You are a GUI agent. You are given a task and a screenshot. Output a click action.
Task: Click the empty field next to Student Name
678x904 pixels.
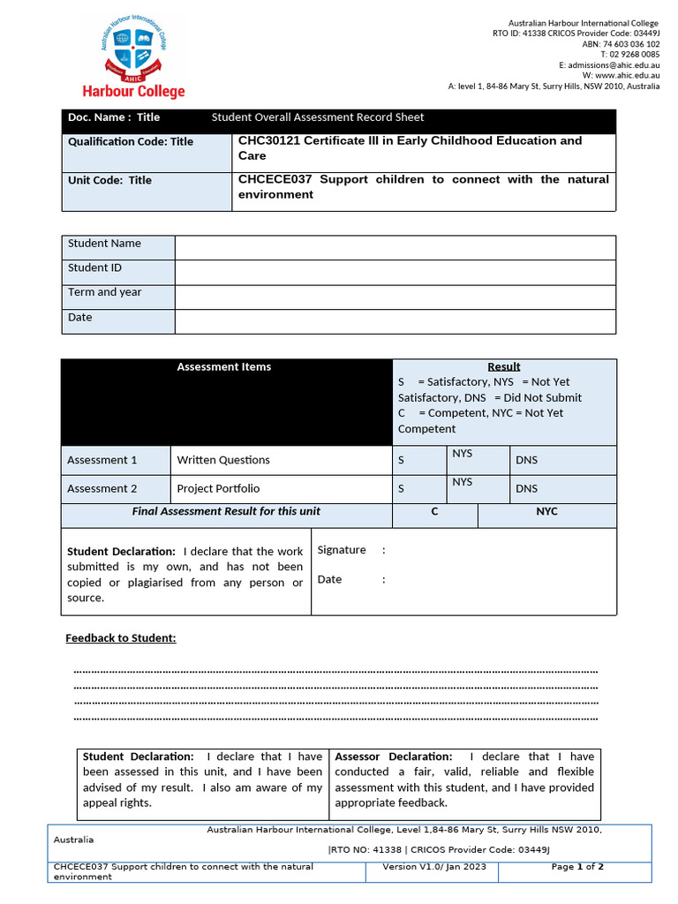click(395, 247)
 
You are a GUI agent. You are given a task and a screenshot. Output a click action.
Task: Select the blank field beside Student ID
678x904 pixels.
click(395, 272)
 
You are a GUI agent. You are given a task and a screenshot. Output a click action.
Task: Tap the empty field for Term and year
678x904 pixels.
click(395, 297)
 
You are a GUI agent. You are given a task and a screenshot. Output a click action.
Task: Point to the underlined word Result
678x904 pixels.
click(504, 366)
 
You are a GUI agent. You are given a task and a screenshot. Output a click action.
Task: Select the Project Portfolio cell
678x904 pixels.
click(218, 488)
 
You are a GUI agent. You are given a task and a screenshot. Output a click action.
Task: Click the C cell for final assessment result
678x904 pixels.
click(434, 512)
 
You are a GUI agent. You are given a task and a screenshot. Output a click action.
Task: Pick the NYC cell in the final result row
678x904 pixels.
click(546, 512)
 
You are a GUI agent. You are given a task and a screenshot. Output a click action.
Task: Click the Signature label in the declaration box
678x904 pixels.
click(342, 550)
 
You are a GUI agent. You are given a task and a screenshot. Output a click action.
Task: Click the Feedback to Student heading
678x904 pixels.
click(121, 638)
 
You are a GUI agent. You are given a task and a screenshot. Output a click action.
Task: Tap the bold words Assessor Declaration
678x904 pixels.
click(393, 757)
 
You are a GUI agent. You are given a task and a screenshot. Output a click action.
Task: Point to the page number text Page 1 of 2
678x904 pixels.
click(577, 867)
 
